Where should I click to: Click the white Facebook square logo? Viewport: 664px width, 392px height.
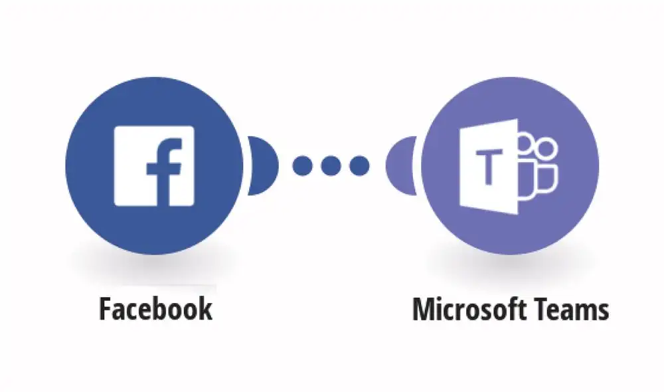(x=154, y=165)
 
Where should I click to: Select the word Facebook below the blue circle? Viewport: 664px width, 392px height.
(x=155, y=309)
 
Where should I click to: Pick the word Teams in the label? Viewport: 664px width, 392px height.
(x=569, y=310)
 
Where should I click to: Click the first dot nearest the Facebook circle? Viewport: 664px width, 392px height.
(x=302, y=165)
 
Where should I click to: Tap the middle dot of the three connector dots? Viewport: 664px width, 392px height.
(x=331, y=165)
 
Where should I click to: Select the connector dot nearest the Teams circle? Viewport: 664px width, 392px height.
(x=359, y=165)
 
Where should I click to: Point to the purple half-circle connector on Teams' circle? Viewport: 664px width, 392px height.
(x=400, y=165)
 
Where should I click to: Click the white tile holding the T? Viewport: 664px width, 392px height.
(x=489, y=167)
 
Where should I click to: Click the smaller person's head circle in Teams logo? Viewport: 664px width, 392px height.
(x=525, y=143)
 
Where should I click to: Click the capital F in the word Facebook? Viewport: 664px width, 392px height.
(x=106, y=309)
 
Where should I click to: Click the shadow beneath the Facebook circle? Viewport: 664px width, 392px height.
(x=154, y=265)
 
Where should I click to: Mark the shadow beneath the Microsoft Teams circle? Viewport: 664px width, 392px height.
(x=510, y=265)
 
